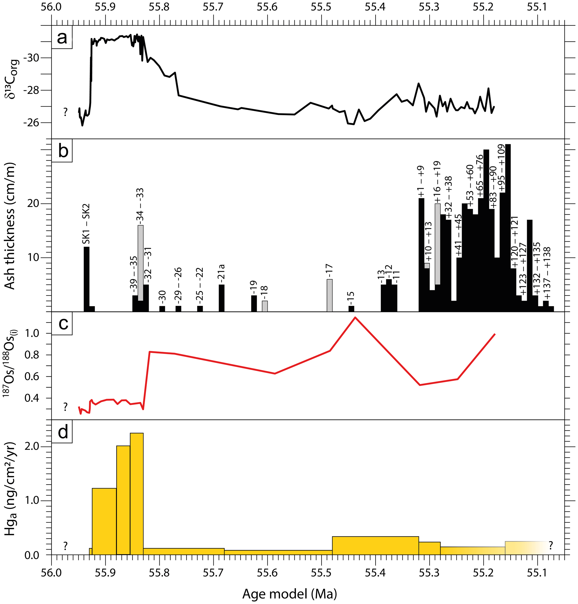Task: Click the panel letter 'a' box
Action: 62,37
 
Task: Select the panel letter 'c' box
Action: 62,324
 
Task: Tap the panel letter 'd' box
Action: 62,432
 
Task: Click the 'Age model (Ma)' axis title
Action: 289,593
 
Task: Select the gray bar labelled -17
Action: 329,295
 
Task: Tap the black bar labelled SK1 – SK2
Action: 87,279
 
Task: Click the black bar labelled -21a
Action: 221,298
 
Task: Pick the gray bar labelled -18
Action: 265,306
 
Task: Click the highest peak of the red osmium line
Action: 355,317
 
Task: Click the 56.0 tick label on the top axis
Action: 51,7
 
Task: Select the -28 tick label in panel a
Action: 34,90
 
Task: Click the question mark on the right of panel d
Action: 551,546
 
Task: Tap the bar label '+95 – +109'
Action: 502,168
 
